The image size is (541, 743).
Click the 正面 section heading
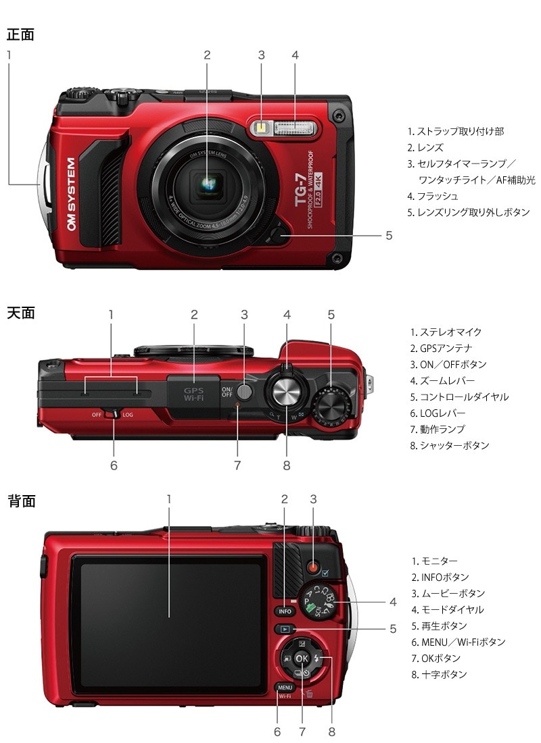[20, 34]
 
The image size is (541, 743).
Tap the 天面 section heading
[20, 313]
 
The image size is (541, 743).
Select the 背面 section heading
[20, 501]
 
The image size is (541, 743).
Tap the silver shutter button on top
[286, 390]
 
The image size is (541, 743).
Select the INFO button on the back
[285, 611]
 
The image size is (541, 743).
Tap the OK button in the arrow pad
[302, 659]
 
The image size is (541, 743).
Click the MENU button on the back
[285, 687]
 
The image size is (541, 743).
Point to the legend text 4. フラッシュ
[433, 196]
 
